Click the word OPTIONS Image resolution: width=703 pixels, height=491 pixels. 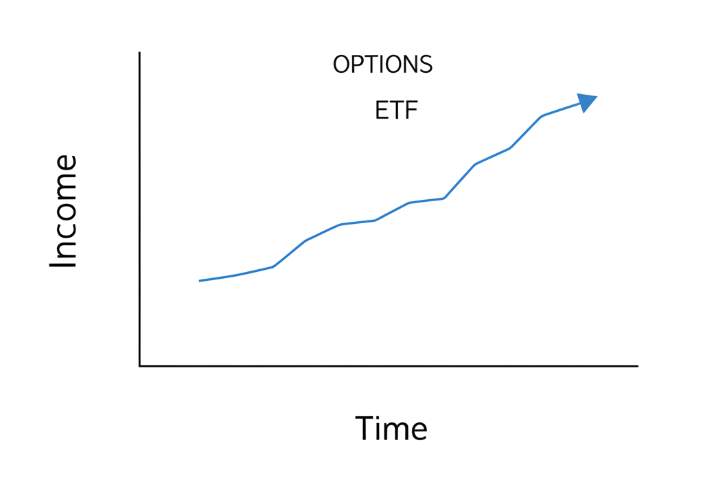click(x=382, y=65)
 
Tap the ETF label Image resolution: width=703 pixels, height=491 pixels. click(x=397, y=110)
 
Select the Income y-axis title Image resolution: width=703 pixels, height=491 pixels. click(x=63, y=212)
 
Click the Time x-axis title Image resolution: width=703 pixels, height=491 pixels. click(x=391, y=429)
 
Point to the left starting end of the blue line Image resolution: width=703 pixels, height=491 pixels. click(x=200, y=280)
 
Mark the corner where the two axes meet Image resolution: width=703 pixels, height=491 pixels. click(x=139, y=366)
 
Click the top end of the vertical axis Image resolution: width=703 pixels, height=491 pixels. click(x=139, y=53)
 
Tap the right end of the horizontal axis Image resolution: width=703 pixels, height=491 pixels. click(x=638, y=366)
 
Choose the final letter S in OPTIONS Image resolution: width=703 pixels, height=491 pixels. click(x=426, y=65)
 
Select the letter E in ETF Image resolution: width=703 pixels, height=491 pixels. click(x=382, y=110)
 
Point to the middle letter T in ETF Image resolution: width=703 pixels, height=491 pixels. click(x=397, y=110)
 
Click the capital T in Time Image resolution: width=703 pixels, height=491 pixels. click(x=365, y=429)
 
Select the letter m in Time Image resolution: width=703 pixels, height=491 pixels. click(x=399, y=432)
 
